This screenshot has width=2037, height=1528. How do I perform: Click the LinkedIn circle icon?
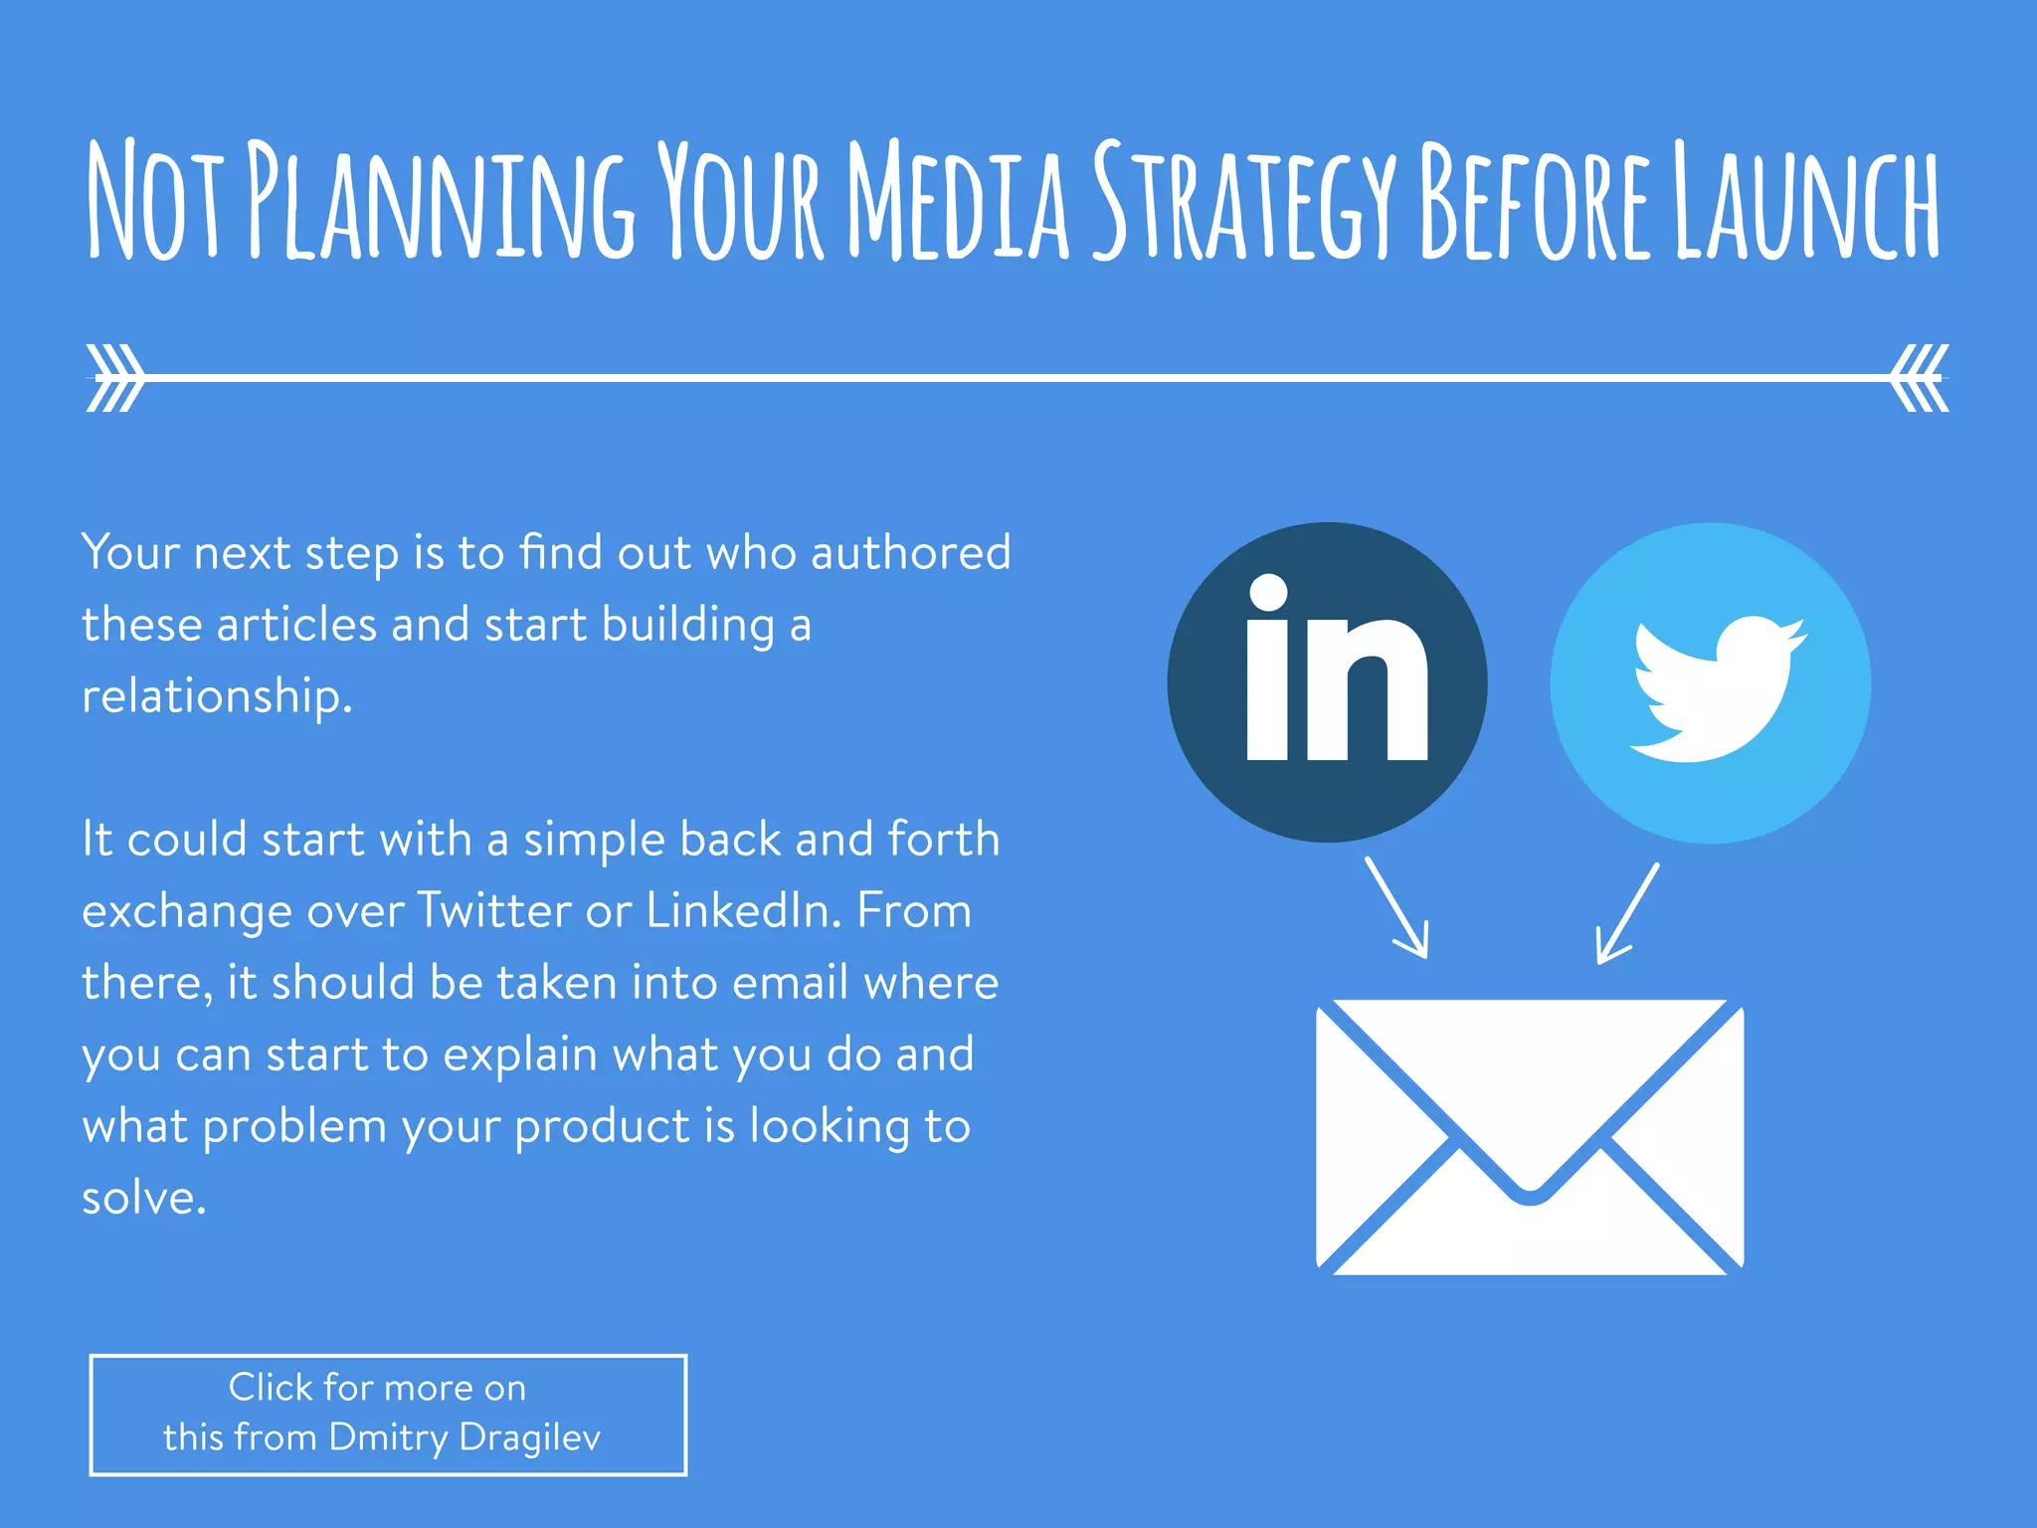tap(1327, 682)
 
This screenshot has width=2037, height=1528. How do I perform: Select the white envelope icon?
tap(1530, 1136)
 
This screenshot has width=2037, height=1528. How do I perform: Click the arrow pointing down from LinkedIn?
tap(1397, 907)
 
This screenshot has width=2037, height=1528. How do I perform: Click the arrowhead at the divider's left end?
tap(115, 378)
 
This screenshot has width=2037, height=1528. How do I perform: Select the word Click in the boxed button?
tap(271, 1387)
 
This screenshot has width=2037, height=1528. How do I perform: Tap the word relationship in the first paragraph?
tap(217, 695)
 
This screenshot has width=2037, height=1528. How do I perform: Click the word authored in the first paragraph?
tap(910, 552)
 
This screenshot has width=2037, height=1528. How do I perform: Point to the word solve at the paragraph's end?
tap(143, 1198)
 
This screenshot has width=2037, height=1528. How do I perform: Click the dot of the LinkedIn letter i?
tap(1268, 593)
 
